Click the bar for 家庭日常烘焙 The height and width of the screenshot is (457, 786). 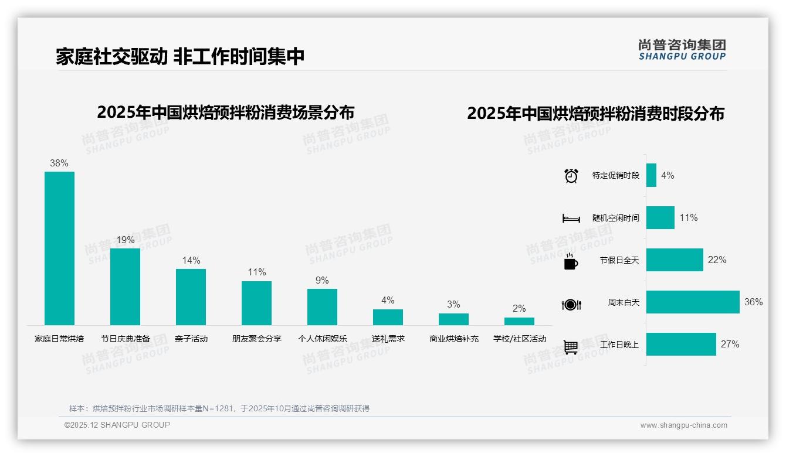(x=59, y=248)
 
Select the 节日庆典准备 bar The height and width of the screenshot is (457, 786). (x=125, y=287)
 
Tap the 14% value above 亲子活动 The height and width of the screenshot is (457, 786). (x=191, y=260)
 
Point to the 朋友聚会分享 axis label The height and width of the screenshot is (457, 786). (x=256, y=339)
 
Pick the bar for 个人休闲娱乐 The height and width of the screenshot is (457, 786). (x=322, y=306)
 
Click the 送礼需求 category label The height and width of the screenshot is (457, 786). (x=388, y=339)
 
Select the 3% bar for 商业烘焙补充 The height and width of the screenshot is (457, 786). (x=453, y=319)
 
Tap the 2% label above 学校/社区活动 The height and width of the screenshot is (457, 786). (x=519, y=308)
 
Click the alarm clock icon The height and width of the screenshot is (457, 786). (x=571, y=176)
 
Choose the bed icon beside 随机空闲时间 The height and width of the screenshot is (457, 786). (x=571, y=218)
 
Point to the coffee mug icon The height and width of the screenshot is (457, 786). (x=571, y=261)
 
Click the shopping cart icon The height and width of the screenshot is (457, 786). (x=571, y=347)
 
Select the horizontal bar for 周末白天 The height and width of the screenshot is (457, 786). (x=693, y=302)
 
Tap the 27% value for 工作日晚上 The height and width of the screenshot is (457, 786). (x=730, y=344)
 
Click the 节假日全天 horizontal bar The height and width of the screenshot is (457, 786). (x=675, y=260)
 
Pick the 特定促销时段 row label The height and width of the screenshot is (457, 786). (x=615, y=175)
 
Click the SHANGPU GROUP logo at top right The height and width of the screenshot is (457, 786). (x=682, y=50)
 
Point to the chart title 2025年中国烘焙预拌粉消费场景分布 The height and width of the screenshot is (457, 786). (x=226, y=112)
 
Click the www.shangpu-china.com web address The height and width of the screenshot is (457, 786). (x=683, y=425)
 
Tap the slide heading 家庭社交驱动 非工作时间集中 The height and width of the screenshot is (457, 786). (x=180, y=57)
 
